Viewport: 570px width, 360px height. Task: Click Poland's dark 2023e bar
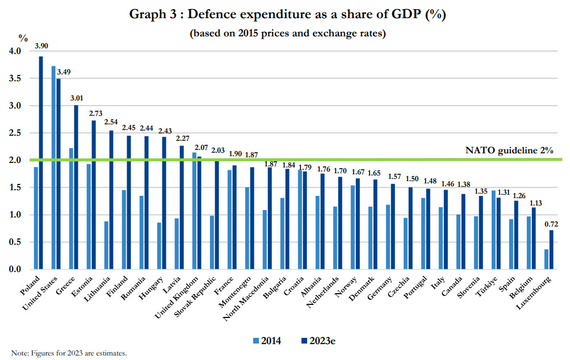coord(41,162)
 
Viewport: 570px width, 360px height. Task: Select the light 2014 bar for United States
coord(53,168)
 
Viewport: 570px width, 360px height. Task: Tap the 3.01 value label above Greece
coord(76,98)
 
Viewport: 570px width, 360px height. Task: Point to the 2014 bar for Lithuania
coord(106,245)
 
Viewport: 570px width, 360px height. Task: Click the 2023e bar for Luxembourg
coord(551,249)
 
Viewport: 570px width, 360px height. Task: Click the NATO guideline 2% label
coord(508,150)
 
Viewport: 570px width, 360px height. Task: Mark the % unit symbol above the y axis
coord(23,38)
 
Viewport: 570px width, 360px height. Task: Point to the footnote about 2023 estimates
coord(69,353)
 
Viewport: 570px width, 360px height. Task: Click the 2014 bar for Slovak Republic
coord(212,242)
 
